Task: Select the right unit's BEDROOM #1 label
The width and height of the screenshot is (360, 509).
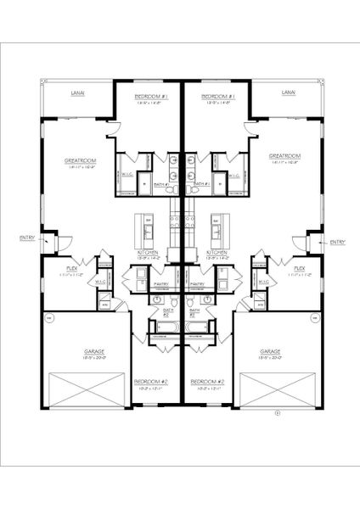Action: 218,98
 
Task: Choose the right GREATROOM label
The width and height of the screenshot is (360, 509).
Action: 285,156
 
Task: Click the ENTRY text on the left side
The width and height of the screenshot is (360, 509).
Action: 26,238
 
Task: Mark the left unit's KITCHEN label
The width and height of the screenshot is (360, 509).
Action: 149,253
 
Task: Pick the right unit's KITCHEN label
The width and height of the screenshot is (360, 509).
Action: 217,253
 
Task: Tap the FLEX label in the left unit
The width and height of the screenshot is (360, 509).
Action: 72,268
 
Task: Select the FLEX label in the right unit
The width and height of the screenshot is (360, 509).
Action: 299,268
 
